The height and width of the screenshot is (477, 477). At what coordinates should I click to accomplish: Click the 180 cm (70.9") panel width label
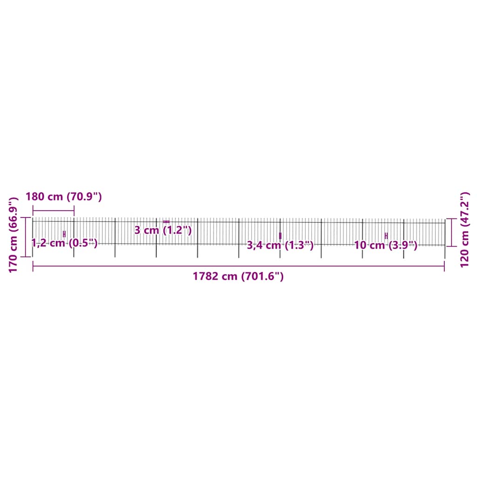pyautogui.click(x=63, y=197)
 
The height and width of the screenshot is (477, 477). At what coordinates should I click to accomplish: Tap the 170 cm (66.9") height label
pyautogui.click(x=14, y=234)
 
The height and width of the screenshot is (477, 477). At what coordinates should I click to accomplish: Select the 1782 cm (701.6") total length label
pyautogui.click(x=238, y=276)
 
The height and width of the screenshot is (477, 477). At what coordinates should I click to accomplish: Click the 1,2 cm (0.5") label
pyautogui.click(x=64, y=243)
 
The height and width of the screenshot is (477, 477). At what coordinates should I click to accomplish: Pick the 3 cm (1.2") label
pyautogui.click(x=163, y=230)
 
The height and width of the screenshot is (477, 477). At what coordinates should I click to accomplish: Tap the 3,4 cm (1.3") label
pyautogui.click(x=280, y=245)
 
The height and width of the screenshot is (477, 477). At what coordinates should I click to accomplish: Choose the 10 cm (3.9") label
pyautogui.click(x=386, y=245)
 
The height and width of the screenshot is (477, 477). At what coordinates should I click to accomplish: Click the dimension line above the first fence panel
pyautogui.click(x=53, y=211)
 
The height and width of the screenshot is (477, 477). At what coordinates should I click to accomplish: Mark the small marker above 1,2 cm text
pyautogui.click(x=64, y=234)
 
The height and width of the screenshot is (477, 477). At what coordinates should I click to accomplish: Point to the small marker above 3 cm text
pyautogui.click(x=166, y=221)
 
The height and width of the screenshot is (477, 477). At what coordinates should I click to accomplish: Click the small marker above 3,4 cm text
pyautogui.click(x=280, y=236)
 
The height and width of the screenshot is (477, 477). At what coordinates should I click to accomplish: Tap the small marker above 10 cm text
pyautogui.click(x=386, y=236)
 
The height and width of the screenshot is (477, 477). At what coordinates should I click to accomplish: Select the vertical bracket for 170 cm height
pyautogui.click(x=25, y=237)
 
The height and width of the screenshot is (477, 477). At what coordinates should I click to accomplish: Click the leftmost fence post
pyautogui.click(x=33, y=238)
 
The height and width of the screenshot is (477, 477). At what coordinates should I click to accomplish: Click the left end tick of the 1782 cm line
pyautogui.click(x=33, y=266)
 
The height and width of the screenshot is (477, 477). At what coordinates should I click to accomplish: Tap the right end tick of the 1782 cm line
pyautogui.click(x=444, y=266)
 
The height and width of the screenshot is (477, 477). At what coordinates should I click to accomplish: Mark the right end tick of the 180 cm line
pyautogui.click(x=74, y=211)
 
